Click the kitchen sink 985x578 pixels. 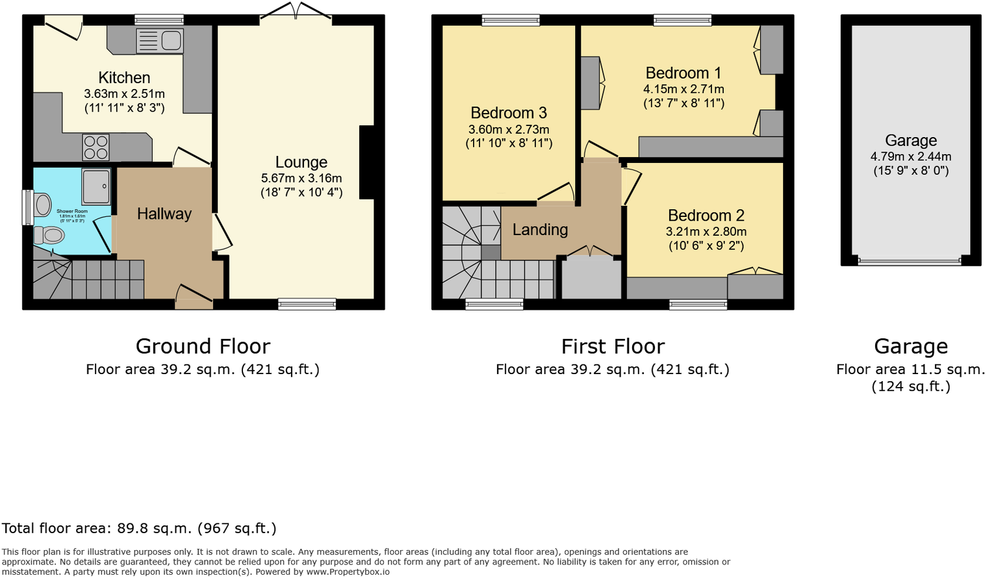[x=160, y=41]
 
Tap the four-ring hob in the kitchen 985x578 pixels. [x=96, y=147]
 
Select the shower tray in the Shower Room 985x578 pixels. [x=96, y=186]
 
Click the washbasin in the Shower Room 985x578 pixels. [x=43, y=205]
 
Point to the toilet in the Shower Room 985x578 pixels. [x=49, y=235]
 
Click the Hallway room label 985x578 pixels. [x=164, y=214]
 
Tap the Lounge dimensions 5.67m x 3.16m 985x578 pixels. [x=301, y=178]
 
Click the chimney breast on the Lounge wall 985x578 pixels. [x=366, y=162]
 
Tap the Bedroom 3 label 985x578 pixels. [x=509, y=113]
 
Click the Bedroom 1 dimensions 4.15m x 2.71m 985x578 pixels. [x=684, y=90]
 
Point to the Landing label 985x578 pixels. [x=540, y=229]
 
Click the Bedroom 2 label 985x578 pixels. [x=706, y=216]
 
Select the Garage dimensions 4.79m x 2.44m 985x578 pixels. [x=910, y=157]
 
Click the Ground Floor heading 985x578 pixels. [x=203, y=346]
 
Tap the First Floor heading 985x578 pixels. [x=613, y=346]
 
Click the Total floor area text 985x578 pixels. [x=139, y=528]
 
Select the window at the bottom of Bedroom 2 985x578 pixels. [x=698, y=304]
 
